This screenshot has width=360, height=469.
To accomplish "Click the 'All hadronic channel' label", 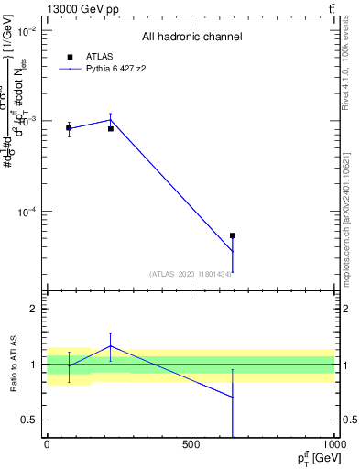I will coord(191,37).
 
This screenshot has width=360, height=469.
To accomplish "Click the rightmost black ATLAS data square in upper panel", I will coord(233,235).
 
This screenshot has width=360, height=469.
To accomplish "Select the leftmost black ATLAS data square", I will coord(69,128).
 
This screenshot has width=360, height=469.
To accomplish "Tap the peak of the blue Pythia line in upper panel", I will coord(111,119).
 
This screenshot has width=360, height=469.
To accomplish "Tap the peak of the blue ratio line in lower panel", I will coord(111,345).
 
